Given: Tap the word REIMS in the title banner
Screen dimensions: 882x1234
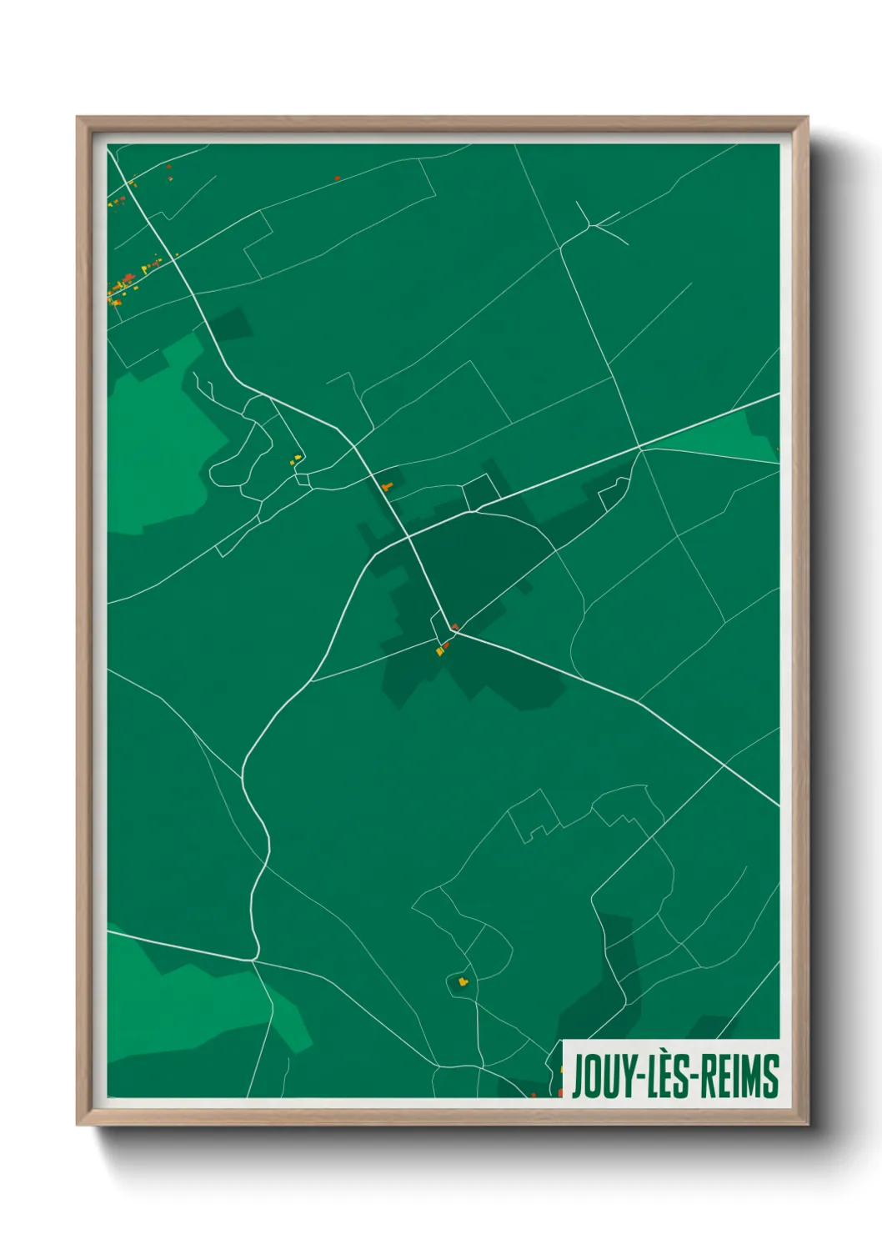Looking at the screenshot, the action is [x=739, y=1076].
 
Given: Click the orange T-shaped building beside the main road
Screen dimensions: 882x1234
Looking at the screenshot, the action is [x=385, y=486].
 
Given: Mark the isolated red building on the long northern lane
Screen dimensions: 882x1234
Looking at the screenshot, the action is [x=337, y=178].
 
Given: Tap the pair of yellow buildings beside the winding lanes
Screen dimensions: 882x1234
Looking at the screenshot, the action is [x=295, y=459].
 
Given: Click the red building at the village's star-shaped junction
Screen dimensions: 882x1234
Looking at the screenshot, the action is [x=455, y=626].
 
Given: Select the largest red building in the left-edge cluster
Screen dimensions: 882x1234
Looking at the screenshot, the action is [x=128, y=278].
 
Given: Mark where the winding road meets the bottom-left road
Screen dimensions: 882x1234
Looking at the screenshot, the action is [x=254, y=960].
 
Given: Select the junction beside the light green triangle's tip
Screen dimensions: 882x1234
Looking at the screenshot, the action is [x=641, y=449].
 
